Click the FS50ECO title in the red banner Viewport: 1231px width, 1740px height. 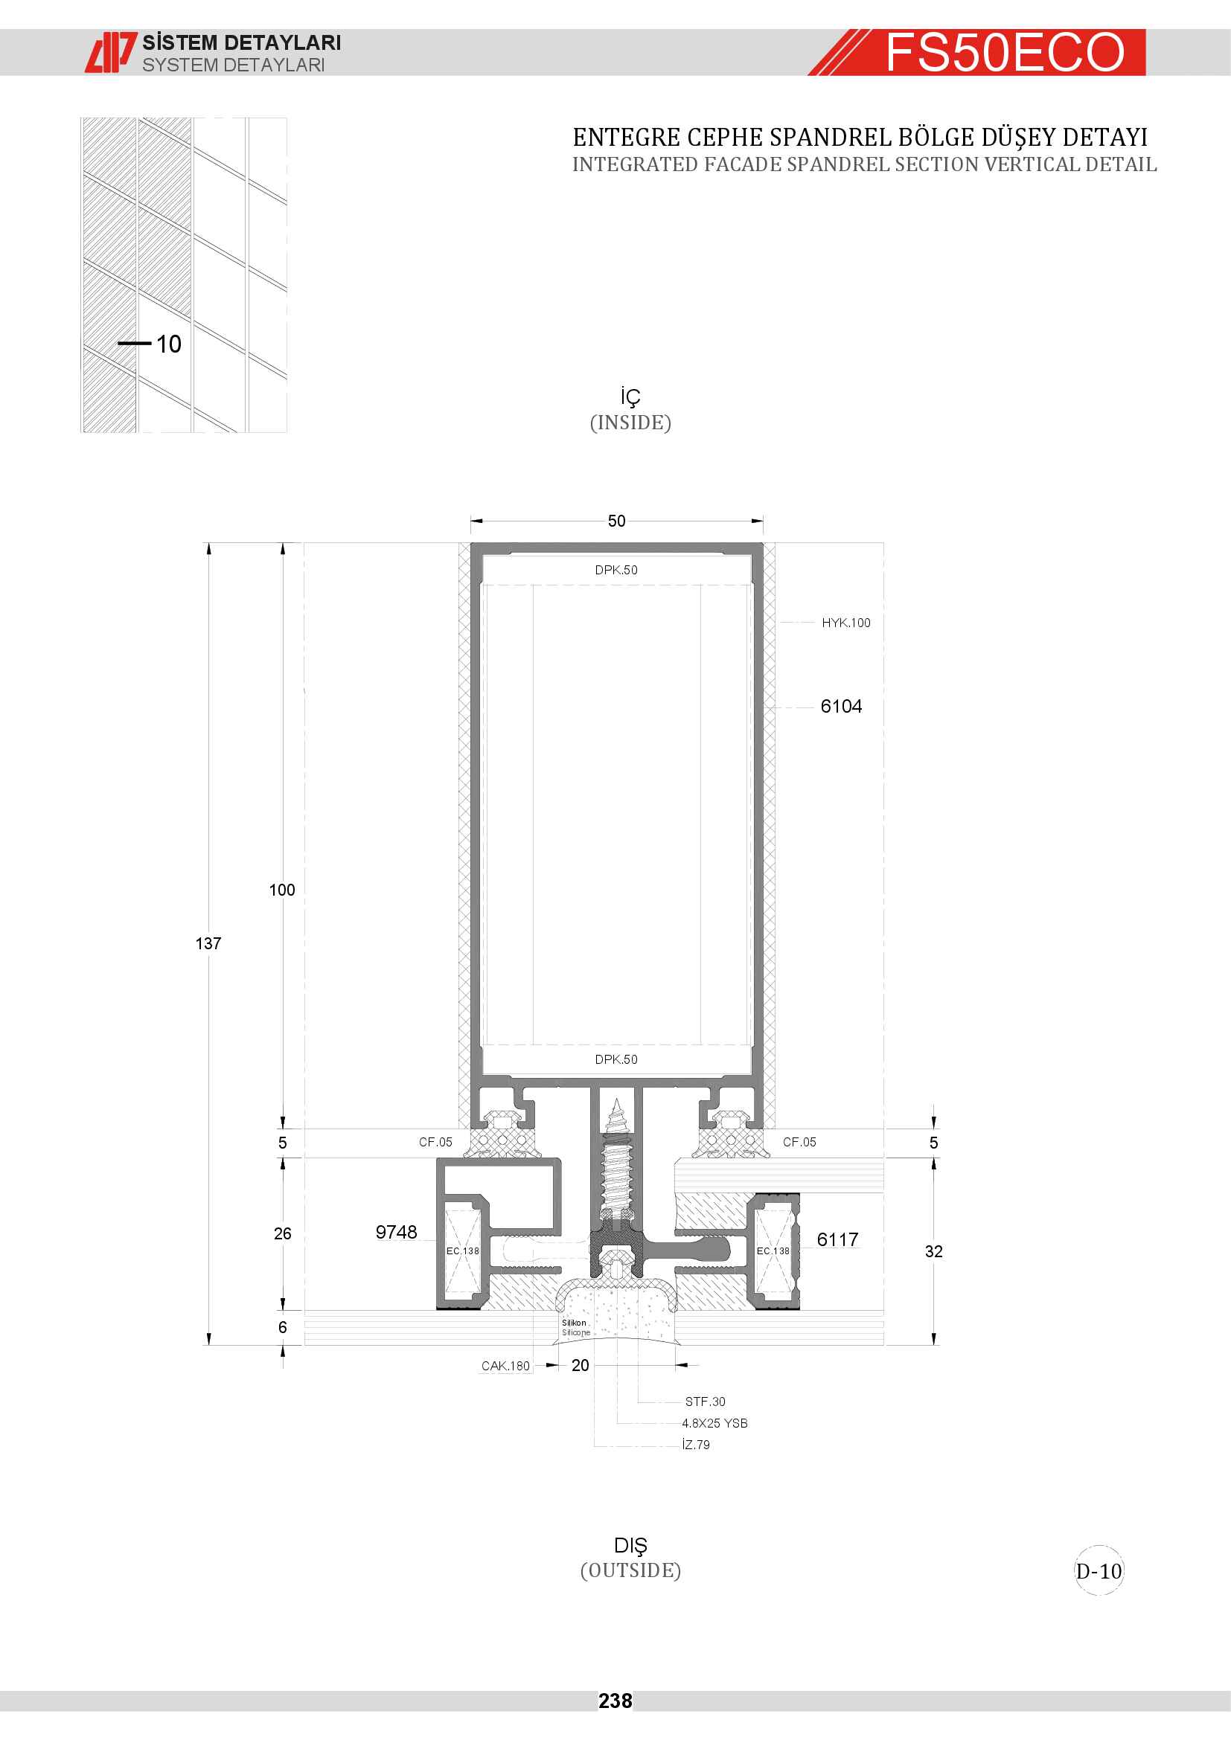(1005, 52)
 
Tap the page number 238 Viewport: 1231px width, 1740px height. (615, 1701)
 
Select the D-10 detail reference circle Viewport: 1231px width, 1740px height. (1099, 1571)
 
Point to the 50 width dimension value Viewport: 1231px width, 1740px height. (616, 521)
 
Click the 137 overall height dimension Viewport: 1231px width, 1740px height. (208, 943)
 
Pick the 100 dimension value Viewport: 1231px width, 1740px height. (282, 890)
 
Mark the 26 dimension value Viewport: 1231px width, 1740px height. (283, 1233)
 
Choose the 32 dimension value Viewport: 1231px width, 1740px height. (934, 1251)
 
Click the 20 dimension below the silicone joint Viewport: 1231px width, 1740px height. (580, 1365)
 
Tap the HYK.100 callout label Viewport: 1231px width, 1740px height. (846, 623)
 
